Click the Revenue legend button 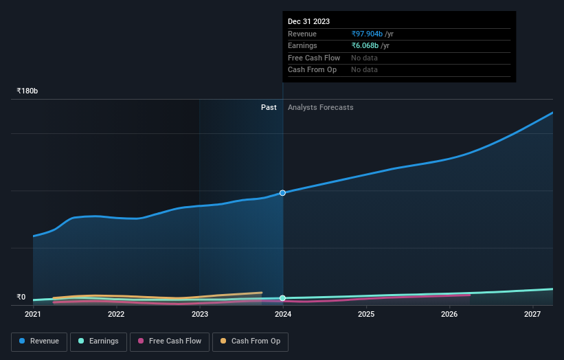(39, 341)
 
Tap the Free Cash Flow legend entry (169, 341)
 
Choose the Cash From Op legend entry (250, 341)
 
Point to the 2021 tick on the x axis (33, 314)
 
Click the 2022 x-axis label (116, 314)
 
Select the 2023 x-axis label (200, 314)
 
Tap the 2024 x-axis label (283, 314)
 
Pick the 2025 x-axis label (366, 314)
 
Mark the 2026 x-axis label (449, 314)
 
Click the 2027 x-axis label (532, 314)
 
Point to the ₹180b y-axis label (27, 91)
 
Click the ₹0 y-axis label (21, 297)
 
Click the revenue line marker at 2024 (282, 193)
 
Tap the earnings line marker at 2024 (282, 298)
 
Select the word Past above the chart (269, 107)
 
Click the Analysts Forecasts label (321, 107)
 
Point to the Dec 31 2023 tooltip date (308, 22)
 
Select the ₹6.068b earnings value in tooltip (365, 45)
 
